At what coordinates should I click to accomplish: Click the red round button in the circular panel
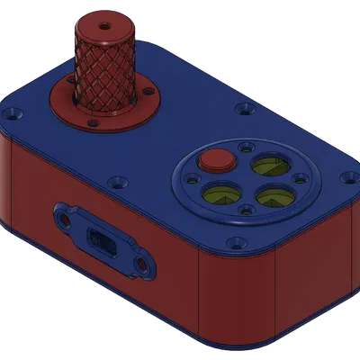pos(216,160)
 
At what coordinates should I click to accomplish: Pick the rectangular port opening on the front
pos(101,242)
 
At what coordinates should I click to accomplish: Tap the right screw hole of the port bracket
pos(141,265)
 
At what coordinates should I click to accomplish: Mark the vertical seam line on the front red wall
pos(199,297)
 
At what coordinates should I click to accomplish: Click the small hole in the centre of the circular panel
pos(245,176)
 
